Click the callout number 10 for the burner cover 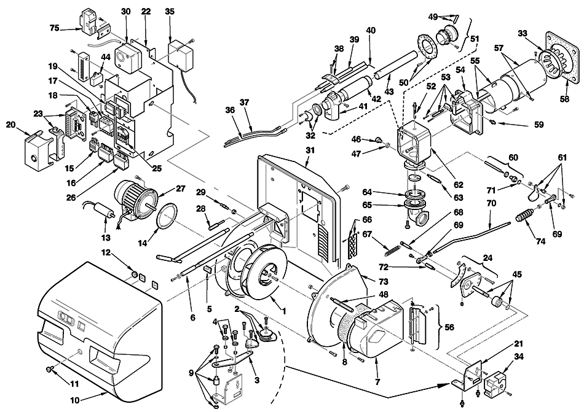75,401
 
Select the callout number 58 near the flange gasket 564,99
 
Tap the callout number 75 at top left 55,28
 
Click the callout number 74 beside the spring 540,242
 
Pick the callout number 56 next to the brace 449,327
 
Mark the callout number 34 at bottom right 519,357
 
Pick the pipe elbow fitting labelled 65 417,211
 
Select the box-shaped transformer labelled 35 181,55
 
